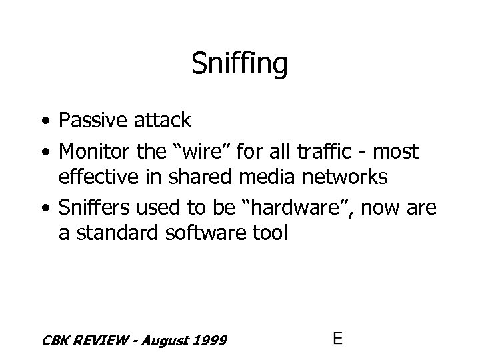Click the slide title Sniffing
pyautogui.click(x=239, y=65)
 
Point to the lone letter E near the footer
pyautogui.click(x=337, y=338)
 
